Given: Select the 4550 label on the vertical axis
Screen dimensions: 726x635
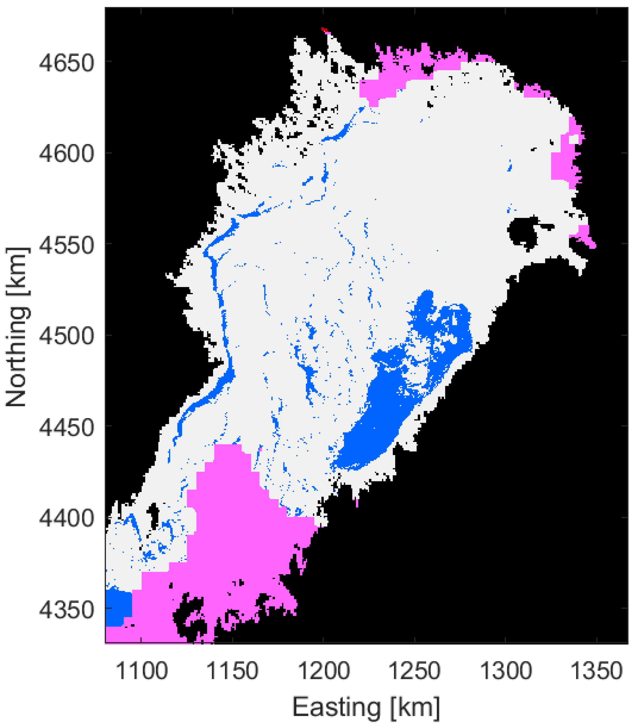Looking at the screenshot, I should (67, 245).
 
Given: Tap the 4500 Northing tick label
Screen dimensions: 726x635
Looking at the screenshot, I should (67, 336).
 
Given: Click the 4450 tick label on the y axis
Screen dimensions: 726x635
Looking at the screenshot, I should (67, 428).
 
